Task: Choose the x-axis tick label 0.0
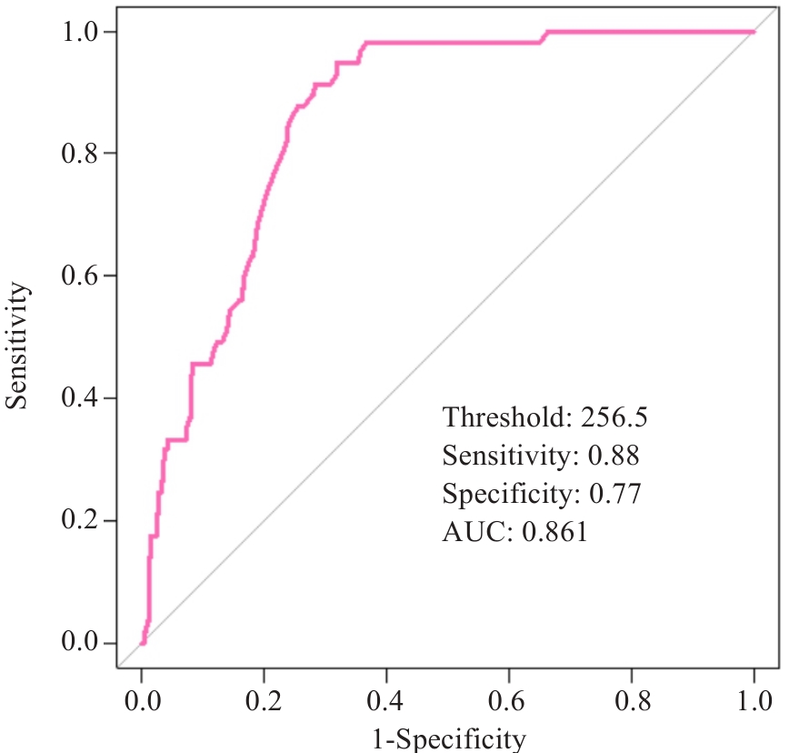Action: tap(142, 701)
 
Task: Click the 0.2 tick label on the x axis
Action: tap(265, 701)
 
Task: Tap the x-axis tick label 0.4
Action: tap(386, 701)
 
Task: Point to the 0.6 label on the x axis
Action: tap(509, 701)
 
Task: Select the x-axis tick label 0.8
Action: tap(632, 701)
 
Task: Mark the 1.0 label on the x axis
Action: tap(754, 701)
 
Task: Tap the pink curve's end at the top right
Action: tap(754, 32)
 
